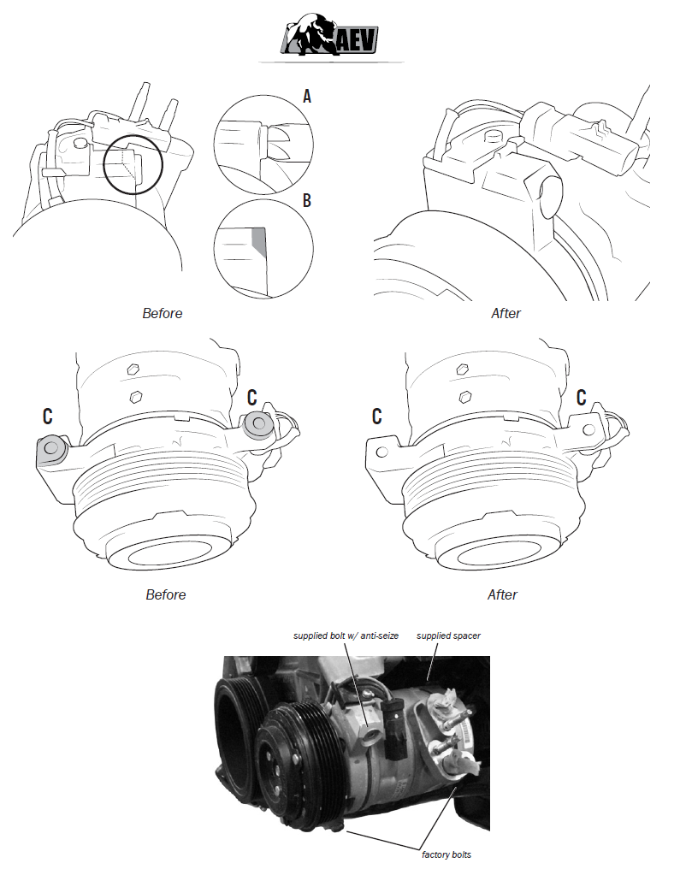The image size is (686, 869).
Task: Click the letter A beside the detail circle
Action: coord(308,96)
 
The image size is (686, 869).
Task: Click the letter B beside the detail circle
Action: coord(308,201)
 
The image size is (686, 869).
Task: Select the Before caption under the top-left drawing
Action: coord(162,313)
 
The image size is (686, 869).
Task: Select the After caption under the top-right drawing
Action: coord(506,313)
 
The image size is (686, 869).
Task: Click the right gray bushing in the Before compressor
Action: coord(257,423)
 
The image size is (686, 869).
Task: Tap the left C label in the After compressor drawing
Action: coord(376,417)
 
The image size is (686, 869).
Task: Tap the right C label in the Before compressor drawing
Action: coord(252,396)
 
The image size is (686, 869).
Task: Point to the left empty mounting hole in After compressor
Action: coord(382,450)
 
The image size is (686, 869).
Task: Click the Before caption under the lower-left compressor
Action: coord(165,594)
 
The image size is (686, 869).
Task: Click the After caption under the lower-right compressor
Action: coord(503,594)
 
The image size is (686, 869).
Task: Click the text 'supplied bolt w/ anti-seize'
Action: coord(346,636)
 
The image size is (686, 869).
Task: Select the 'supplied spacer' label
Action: coord(449,636)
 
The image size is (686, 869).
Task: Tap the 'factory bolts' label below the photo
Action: coord(446,854)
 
